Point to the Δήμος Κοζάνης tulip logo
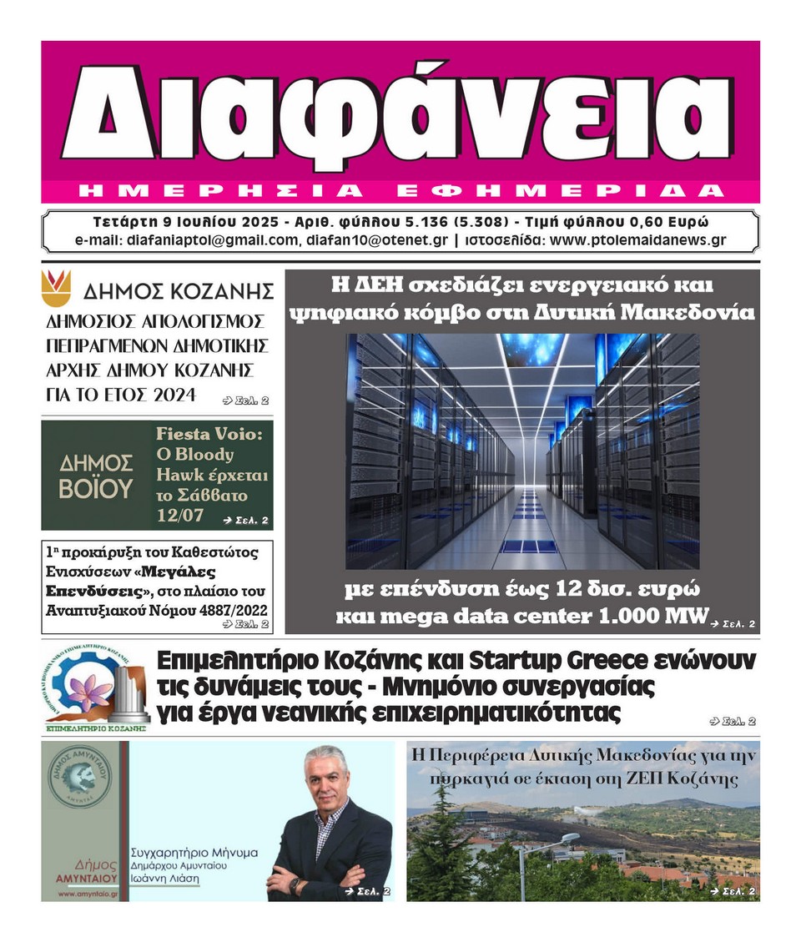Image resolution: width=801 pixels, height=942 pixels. [x=56, y=287]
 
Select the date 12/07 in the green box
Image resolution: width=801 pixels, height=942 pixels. [x=179, y=516]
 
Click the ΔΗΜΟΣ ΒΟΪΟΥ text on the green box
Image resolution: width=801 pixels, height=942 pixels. [x=95, y=476]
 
